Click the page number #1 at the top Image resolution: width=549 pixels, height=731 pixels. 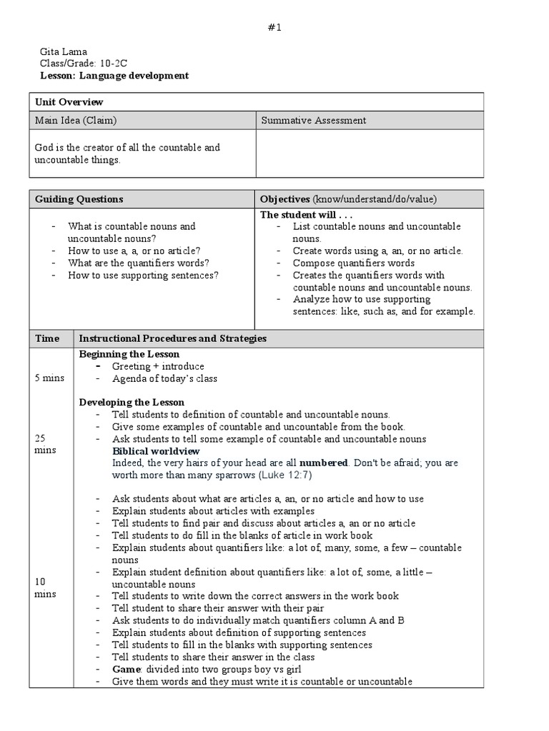pyautogui.click(x=274, y=28)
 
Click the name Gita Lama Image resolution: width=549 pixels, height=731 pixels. pyautogui.click(x=56, y=52)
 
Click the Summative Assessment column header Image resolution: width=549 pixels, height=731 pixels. pyautogui.click(x=313, y=120)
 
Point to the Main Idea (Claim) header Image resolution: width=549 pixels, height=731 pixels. pyautogui.click(x=76, y=120)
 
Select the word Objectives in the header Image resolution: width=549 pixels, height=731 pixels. pyautogui.click(x=285, y=199)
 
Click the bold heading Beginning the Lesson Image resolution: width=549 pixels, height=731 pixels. pyautogui.click(x=129, y=354)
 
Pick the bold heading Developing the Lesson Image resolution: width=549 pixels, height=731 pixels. pyautogui.click(x=131, y=402)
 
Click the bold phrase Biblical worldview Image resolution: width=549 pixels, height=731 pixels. pyautogui.click(x=156, y=451)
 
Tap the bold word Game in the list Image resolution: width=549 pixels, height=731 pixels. pyautogui.click(x=124, y=669)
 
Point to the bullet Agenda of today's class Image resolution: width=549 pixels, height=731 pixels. pyautogui.click(x=164, y=378)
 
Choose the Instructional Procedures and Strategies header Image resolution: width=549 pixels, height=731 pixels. pyautogui.click(x=172, y=338)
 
